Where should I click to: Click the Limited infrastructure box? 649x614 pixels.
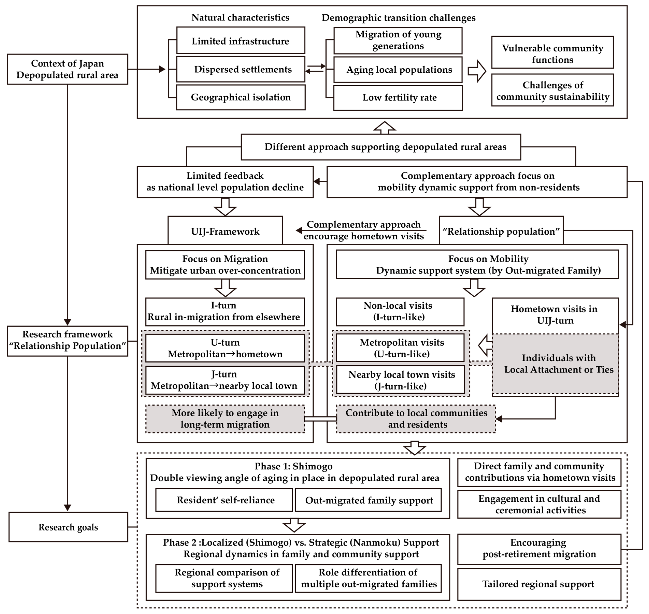(x=241, y=41)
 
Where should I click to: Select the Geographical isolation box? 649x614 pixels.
(x=241, y=97)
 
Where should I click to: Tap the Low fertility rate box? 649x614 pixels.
(x=398, y=98)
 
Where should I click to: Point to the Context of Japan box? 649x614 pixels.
(x=67, y=69)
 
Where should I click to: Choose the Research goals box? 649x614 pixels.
(x=68, y=527)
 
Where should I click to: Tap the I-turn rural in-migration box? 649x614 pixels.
(x=225, y=311)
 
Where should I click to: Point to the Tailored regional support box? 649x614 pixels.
(x=539, y=584)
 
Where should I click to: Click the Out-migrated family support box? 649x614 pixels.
(x=368, y=500)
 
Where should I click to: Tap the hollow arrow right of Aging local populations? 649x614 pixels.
(x=477, y=71)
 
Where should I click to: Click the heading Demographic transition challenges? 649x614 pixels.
(x=398, y=18)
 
